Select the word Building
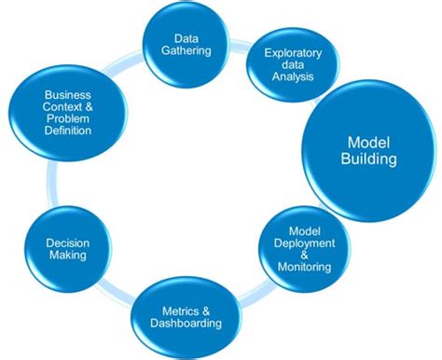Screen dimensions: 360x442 370,159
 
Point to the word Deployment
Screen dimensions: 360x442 298,244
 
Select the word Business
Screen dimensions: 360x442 67,96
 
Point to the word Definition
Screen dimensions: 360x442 67,131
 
